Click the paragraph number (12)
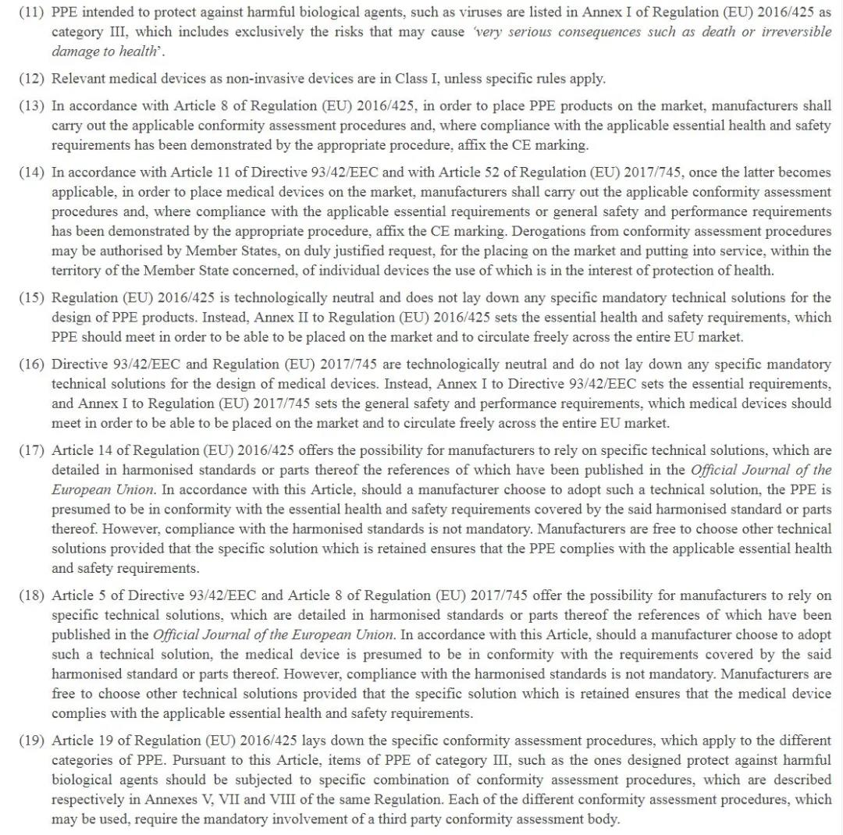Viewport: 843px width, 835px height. tap(32, 79)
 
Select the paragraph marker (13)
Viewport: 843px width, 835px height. tap(32, 106)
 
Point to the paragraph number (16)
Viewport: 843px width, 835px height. tap(32, 365)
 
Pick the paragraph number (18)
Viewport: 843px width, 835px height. tap(32, 596)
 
